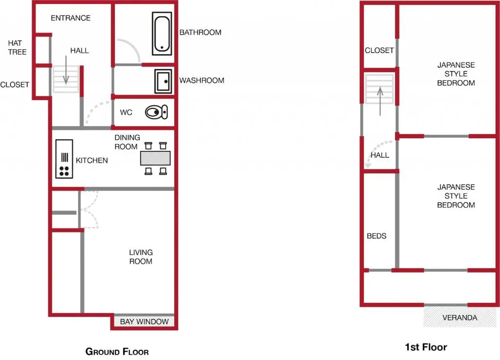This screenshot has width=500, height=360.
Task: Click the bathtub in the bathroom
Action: click(162, 34)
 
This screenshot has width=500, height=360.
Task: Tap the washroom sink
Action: click(163, 81)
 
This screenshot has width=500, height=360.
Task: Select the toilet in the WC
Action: click(156, 112)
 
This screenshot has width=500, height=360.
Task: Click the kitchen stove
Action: click(64, 158)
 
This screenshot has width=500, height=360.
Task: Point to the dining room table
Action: click(155, 158)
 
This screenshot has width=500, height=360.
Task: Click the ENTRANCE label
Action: click(70, 18)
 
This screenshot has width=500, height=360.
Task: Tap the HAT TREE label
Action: click(17, 47)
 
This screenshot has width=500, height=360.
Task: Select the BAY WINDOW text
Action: click(144, 321)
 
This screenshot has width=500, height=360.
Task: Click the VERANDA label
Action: click(460, 318)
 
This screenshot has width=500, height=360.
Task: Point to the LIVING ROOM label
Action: click(141, 256)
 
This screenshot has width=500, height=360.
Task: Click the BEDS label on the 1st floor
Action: click(376, 236)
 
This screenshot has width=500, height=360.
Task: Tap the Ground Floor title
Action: click(117, 352)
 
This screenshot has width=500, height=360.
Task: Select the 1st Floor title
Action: click(426, 347)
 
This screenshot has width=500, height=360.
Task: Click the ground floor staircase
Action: click(66, 79)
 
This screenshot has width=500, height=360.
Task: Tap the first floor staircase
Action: click(379, 89)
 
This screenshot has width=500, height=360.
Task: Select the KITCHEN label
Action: click(92, 160)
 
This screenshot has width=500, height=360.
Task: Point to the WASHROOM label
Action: click(202, 81)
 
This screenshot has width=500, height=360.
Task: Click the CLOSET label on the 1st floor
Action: click(379, 50)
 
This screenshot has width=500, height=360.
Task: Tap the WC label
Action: click(126, 112)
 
